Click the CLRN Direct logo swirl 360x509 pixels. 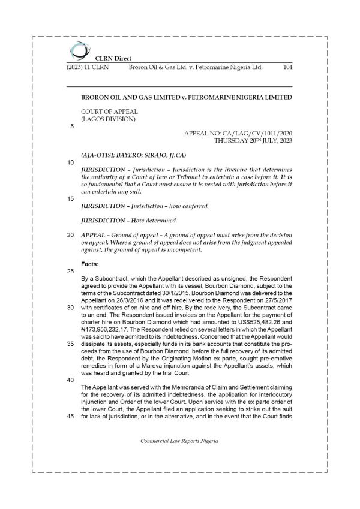pyautogui.click(x=77, y=50)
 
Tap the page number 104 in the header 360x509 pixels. pyautogui.click(x=287, y=68)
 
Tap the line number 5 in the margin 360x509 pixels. pyautogui.click(x=72, y=127)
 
